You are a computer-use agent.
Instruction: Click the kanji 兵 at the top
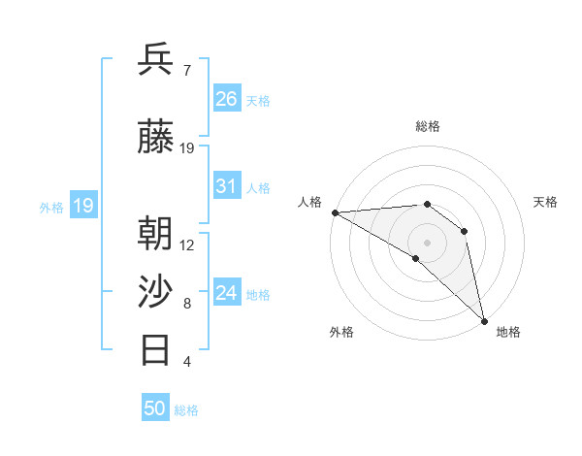156,60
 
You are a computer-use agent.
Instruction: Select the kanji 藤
156,139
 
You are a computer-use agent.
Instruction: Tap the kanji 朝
156,234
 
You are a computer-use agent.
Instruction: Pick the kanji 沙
156,292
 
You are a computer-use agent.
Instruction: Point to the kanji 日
156,349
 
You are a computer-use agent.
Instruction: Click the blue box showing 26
227,99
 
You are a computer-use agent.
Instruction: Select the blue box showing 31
227,186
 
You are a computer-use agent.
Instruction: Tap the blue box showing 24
227,294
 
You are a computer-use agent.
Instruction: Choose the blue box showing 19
82,206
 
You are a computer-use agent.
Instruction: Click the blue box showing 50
155,408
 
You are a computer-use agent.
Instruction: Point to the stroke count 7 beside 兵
186,70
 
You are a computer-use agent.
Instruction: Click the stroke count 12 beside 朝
187,244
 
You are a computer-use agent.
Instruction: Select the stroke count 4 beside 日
186,362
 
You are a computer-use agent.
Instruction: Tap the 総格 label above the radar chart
427,126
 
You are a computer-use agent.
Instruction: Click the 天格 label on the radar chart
546,202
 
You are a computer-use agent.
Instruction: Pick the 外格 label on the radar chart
341,332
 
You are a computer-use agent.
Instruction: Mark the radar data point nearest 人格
335,212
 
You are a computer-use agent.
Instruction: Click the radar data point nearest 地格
484,319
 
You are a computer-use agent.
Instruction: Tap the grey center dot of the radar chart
427,242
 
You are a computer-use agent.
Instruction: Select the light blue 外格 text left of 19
50,207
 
